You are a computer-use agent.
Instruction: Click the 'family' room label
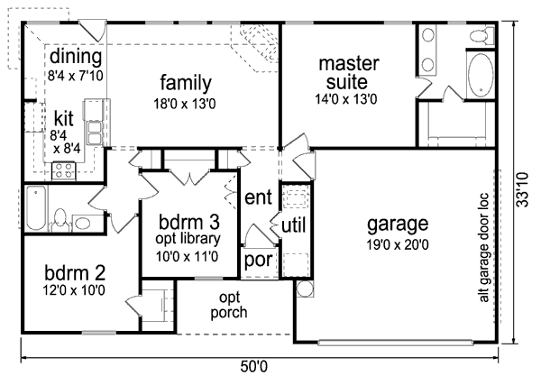186,84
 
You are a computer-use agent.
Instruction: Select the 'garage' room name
398,224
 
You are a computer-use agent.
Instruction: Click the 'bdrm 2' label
69,272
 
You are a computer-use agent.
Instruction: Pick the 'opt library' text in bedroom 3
187,239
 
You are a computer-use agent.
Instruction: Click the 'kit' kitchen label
63,118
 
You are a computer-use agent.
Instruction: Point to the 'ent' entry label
259,197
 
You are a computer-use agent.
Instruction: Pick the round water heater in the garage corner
304,289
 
